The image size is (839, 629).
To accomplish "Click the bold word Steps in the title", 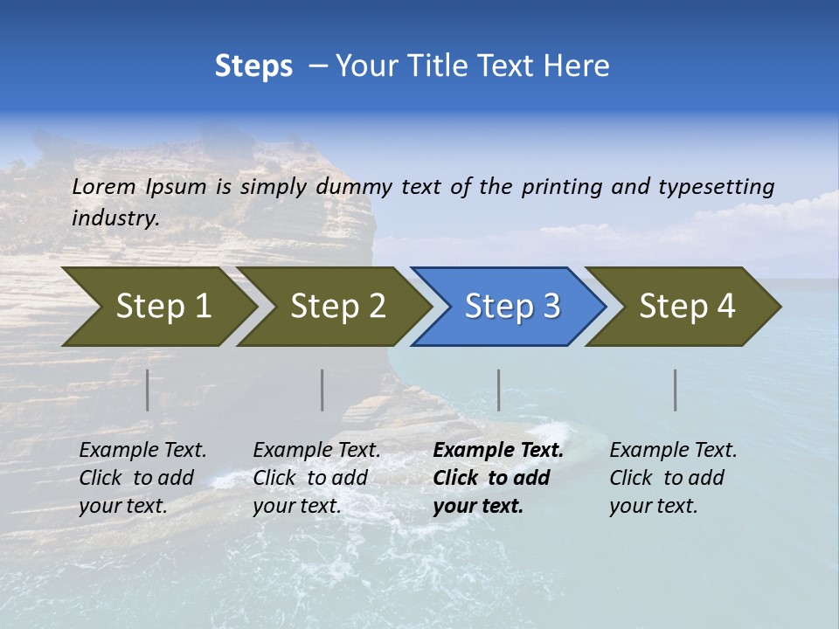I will coord(253,66).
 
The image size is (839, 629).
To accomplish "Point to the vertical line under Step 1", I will coord(148,390).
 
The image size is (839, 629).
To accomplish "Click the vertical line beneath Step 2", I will coord(322,390).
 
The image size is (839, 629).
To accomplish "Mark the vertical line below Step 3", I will coord(499,390).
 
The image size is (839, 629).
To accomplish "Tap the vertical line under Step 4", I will coord(676,390).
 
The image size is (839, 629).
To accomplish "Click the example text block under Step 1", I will coord(142,478).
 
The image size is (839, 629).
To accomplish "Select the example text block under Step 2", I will coord(316,478).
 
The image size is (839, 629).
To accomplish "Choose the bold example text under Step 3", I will coord(498,478).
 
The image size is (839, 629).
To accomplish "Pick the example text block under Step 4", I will coord(673,478).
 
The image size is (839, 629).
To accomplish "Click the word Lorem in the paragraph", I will coord(104,186).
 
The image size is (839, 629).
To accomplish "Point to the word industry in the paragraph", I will coord(114,218).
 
